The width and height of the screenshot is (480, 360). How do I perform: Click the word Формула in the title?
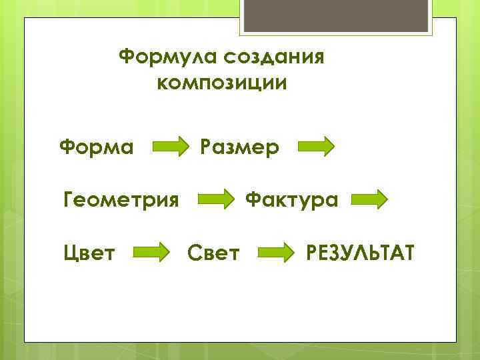168,57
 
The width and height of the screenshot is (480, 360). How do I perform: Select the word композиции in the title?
222,84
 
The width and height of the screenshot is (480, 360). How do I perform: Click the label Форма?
96,145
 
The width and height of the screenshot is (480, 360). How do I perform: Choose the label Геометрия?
121,199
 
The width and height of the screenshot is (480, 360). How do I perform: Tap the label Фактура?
292,199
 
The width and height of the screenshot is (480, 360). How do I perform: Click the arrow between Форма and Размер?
171,146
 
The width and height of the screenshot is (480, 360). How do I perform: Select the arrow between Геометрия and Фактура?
216,199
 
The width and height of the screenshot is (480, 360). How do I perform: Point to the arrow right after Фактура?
369,199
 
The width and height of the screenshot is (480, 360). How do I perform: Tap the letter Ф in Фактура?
254,199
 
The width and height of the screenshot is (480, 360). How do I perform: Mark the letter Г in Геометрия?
68,199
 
